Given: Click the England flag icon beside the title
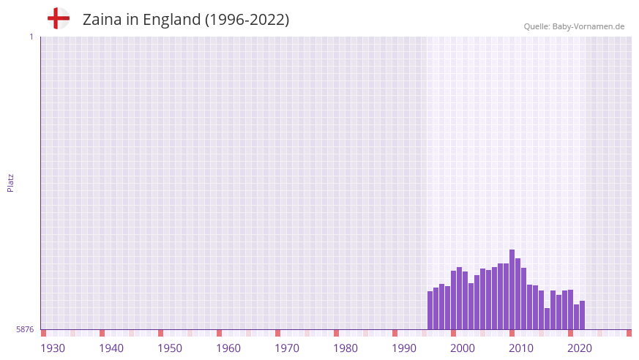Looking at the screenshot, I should (58, 19).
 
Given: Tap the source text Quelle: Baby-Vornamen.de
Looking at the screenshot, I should (574, 26).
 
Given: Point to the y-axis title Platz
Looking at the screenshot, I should (10, 182).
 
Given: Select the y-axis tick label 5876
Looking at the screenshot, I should (25, 330).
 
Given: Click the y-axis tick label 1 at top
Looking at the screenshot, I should (31, 37).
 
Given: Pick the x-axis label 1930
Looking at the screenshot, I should (53, 348).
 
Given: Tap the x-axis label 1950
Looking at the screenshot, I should (170, 348).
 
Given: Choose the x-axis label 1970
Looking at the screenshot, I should (287, 348).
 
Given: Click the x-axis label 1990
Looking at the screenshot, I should (404, 348).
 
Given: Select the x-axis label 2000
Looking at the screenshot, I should (463, 348).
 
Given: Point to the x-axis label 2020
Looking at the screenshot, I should (580, 348).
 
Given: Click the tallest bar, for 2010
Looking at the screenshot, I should (512, 290).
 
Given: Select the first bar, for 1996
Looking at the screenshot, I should (430, 310).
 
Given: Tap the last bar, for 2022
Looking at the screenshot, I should (583, 315).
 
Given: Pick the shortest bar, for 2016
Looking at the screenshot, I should (548, 319).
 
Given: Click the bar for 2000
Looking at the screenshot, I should (454, 300).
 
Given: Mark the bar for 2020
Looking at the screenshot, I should (571, 310).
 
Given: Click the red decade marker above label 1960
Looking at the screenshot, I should (219, 333).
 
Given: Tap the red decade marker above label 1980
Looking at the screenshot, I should (336, 333).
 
